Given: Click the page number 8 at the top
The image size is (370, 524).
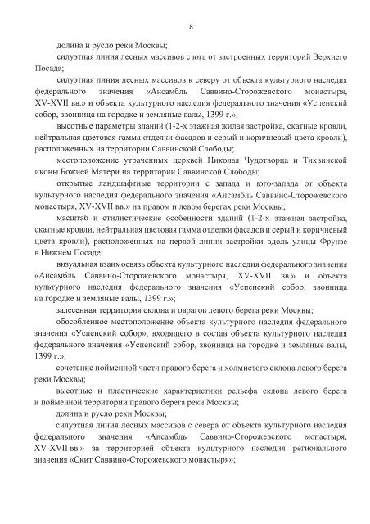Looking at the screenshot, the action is [x=190, y=27].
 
